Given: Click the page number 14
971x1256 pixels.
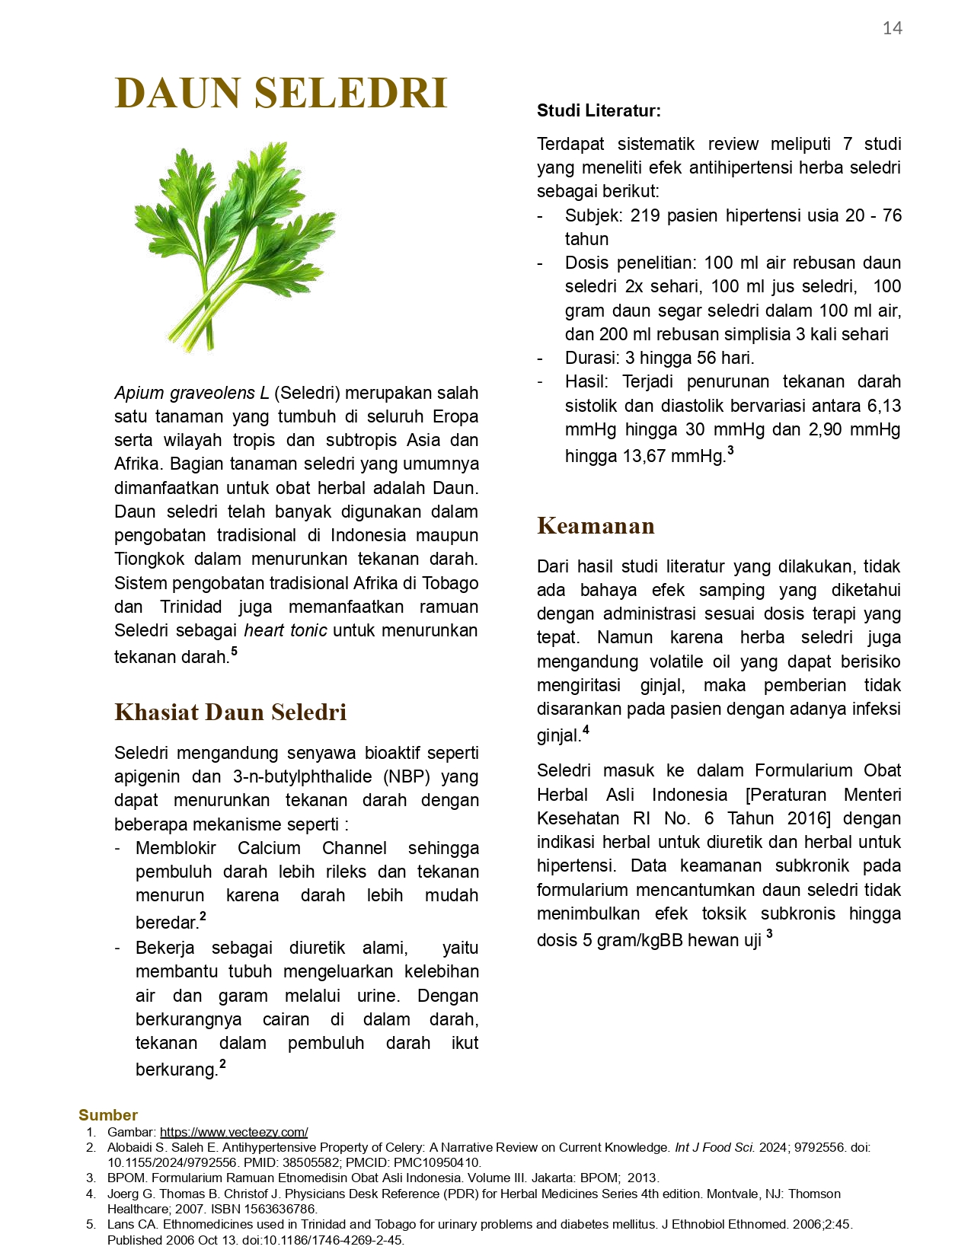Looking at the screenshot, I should pyautogui.click(x=892, y=28).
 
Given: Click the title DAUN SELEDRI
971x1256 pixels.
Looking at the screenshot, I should pyautogui.click(x=281, y=93).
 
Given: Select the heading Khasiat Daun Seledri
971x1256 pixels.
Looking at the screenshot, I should pyautogui.click(x=230, y=712).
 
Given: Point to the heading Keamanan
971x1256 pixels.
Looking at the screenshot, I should pyautogui.click(x=596, y=525).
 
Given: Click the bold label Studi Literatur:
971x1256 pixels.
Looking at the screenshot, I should pyautogui.click(x=599, y=110).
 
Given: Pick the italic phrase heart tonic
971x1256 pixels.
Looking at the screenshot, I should pyautogui.click(x=286, y=630).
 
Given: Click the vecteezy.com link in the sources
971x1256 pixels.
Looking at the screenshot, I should pyautogui.click(x=234, y=1132).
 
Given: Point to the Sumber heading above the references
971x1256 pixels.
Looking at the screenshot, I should pyautogui.click(x=108, y=1115).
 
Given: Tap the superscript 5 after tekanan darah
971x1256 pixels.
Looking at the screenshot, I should pyautogui.click(x=235, y=652).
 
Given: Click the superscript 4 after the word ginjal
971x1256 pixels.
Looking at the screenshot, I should pyautogui.click(x=586, y=730).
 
